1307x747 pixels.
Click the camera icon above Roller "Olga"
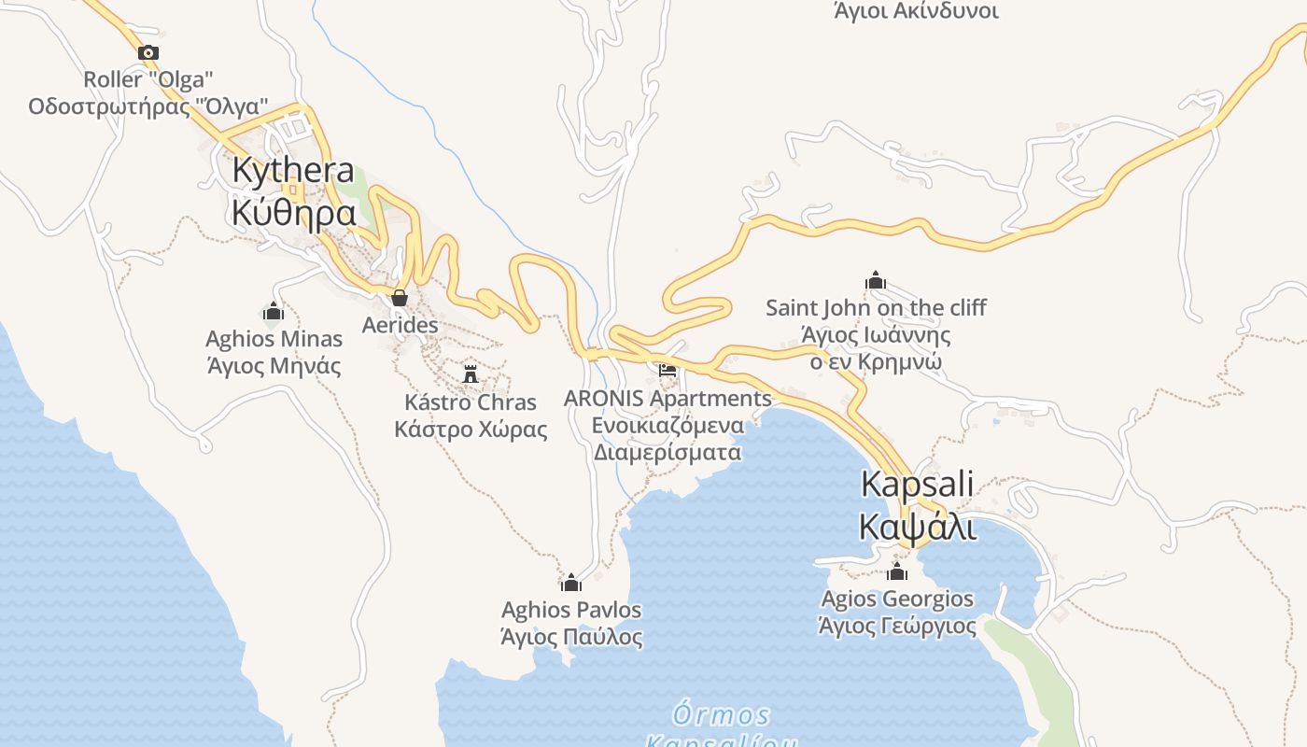148,53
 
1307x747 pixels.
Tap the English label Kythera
293,171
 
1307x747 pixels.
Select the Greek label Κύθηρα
293,214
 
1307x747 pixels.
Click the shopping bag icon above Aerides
400,298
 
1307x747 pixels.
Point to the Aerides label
400,325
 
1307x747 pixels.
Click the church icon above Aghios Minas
274,311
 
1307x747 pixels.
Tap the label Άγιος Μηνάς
274,365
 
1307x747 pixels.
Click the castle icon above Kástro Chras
471,374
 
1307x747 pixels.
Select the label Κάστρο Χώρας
471,430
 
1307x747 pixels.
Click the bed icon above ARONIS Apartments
668,371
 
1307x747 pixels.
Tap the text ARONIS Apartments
668,399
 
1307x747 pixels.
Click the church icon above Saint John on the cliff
876,280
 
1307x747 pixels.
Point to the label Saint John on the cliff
876,308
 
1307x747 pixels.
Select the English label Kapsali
917,485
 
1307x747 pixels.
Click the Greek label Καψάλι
917,528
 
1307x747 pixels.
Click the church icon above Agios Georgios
897,571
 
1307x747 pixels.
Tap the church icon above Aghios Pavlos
571,584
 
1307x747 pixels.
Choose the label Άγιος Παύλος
571,638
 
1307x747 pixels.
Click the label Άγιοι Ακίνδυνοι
916,11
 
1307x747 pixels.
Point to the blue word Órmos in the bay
721,716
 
